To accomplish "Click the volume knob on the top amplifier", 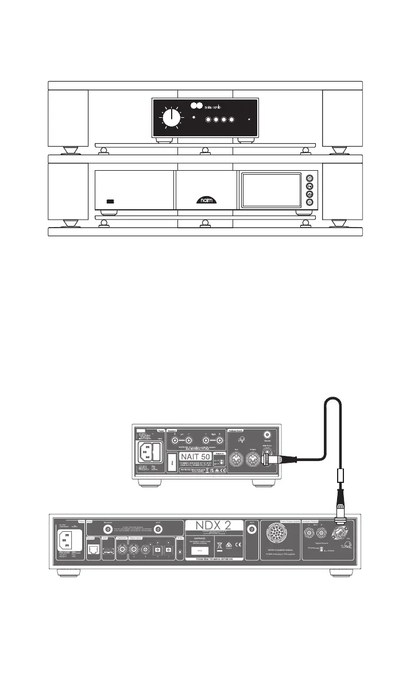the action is pos(171,118).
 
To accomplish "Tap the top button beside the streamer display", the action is pos(310,178).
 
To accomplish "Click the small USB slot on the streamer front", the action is pos(111,202).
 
